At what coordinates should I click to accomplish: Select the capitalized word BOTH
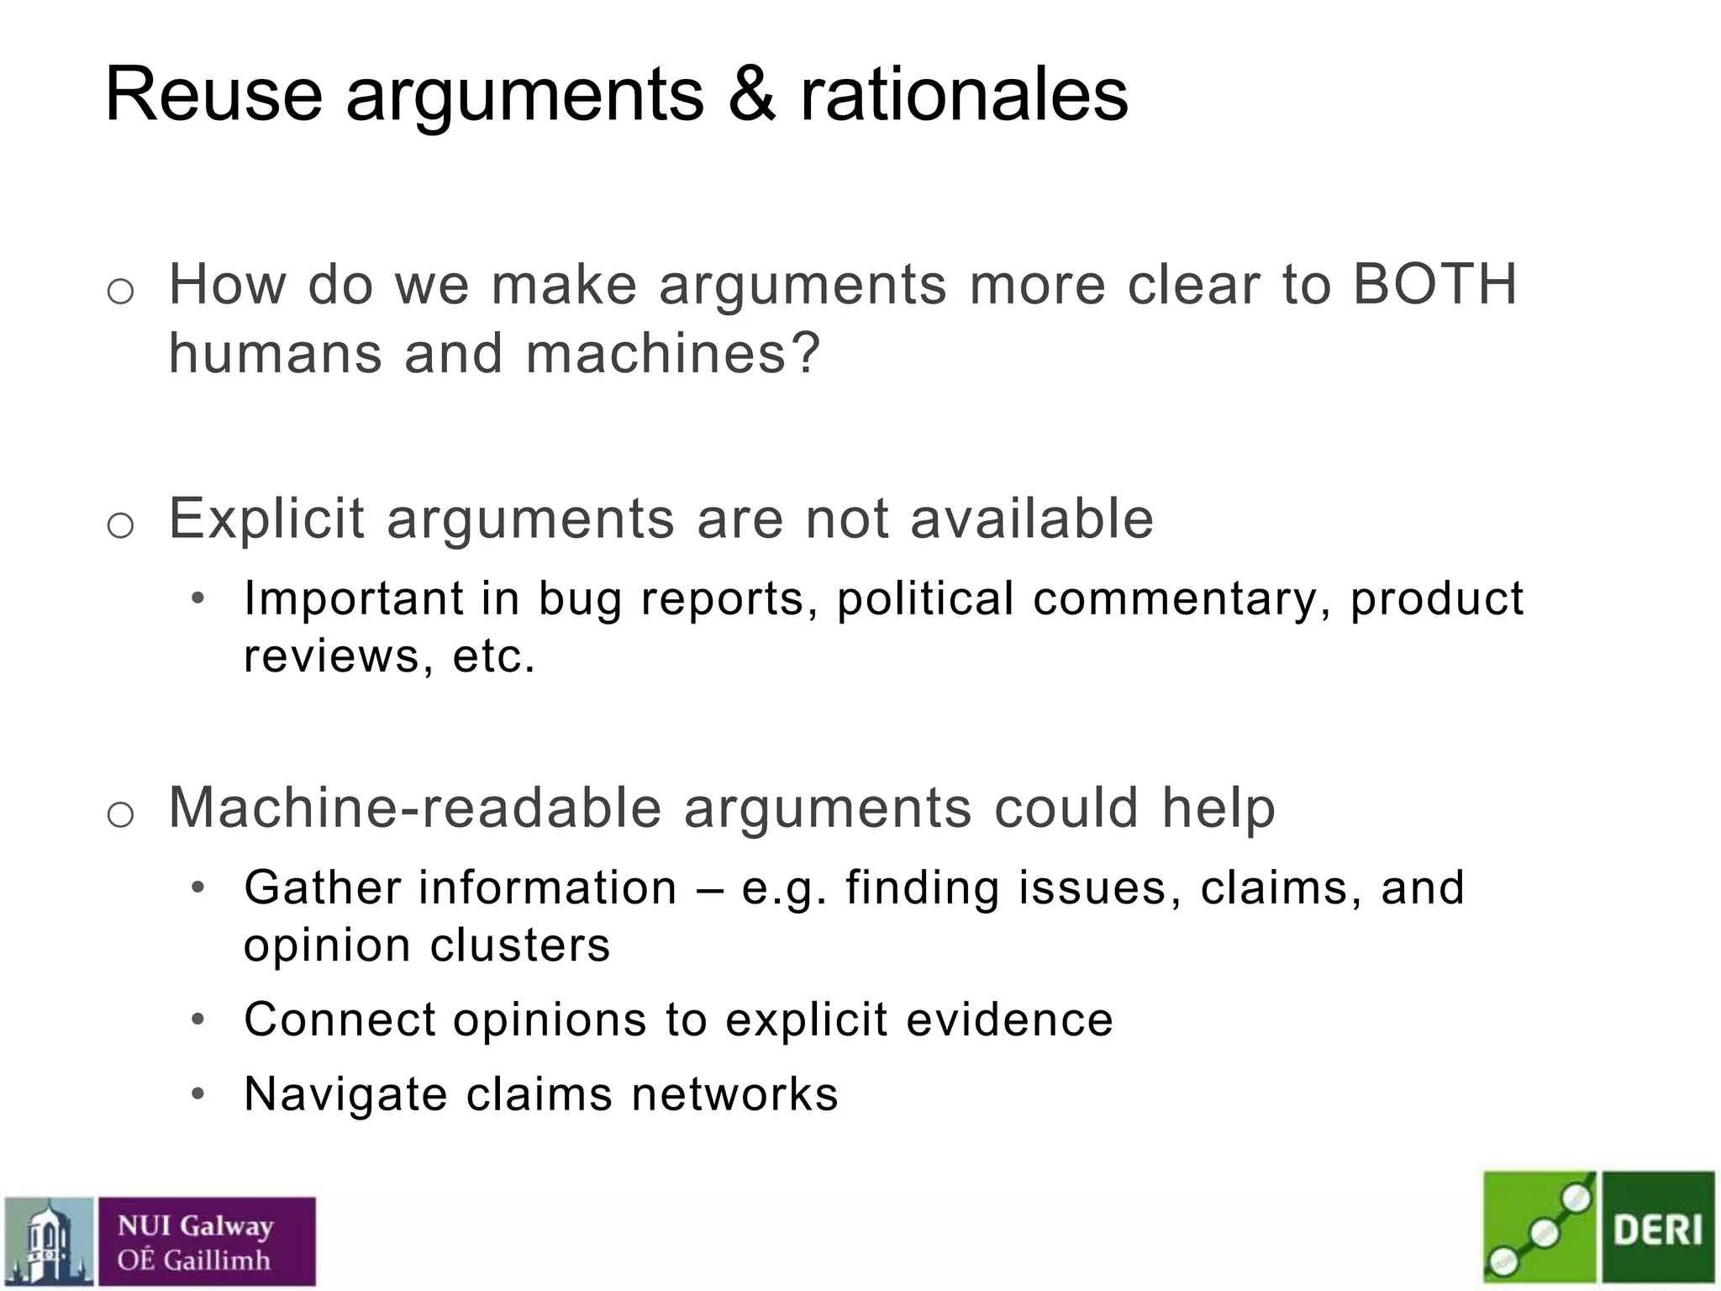[x=1434, y=284]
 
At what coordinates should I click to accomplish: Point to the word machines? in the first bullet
[x=672, y=353]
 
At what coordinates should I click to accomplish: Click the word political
[x=925, y=598]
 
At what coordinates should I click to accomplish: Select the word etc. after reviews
[x=494, y=656]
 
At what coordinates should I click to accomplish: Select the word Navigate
[x=345, y=1094]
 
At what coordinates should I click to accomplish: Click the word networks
[x=734, y=1094]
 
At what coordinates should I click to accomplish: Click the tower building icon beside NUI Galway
[x=49, y=1242]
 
